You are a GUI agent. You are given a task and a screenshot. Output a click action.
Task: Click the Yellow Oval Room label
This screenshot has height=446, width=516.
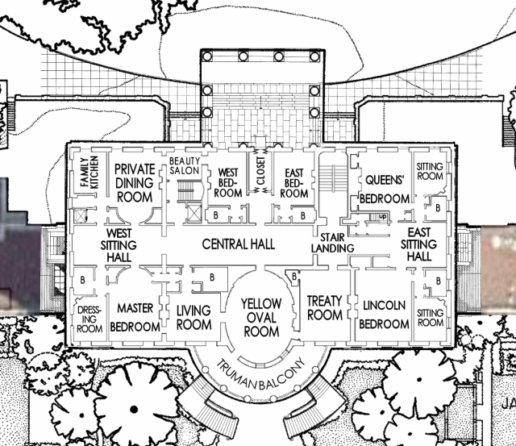[261, 318]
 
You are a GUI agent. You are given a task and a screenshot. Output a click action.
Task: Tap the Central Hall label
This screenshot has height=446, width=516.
[239, 244]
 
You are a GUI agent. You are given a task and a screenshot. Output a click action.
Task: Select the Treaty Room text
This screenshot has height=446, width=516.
[325, 308]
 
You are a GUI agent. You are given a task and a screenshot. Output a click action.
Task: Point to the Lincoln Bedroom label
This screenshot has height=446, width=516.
[384, 315]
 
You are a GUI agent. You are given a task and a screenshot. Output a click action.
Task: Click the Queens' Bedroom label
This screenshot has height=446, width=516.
[385, 190]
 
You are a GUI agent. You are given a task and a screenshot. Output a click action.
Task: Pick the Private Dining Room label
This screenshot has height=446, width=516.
[135, 183]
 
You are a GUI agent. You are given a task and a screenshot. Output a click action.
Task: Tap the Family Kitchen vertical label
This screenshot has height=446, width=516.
[89, 172]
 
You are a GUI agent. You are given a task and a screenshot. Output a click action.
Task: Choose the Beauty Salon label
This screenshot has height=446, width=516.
[185, 165]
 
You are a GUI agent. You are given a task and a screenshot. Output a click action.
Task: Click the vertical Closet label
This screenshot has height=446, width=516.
[260, 170]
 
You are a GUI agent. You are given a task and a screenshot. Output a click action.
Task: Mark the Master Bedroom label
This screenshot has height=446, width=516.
[135, 317]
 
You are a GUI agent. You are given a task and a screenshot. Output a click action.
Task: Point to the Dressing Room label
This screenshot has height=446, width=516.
[89, 319]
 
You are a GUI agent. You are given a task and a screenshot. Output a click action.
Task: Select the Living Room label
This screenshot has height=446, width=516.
[193, 317]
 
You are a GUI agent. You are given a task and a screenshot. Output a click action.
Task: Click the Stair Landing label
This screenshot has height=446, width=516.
[332, 243]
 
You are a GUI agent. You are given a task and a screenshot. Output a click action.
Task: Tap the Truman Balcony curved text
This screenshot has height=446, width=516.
[260, 374]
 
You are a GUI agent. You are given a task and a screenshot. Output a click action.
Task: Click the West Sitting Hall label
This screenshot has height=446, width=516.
[119, 245]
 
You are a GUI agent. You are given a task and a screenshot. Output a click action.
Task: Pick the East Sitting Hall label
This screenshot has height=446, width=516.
[419, 244]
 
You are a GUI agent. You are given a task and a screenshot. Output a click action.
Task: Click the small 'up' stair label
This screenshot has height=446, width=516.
[382, 217]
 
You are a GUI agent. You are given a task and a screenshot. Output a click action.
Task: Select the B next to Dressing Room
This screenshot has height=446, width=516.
[82, 280]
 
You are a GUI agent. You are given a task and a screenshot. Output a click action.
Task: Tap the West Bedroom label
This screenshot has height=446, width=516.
[227, 183]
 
